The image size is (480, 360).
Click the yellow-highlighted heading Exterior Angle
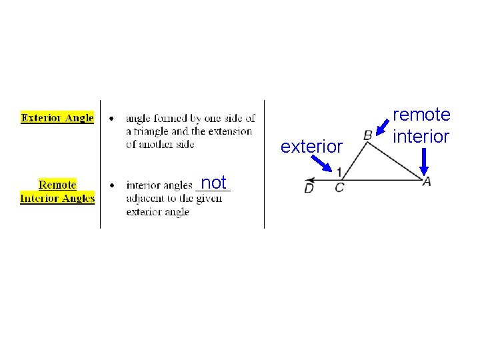(57, 118)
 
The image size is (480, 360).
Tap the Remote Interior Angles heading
(57, 191)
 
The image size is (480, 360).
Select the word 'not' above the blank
(213, 182)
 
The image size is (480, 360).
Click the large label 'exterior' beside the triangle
(311, 147)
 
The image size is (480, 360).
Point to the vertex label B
(367, 135)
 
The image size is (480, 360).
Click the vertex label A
(427, 181)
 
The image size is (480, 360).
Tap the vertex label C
(339, 188)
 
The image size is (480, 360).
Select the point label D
(309, 189)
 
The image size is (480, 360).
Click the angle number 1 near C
(340, 171)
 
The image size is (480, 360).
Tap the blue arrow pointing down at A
(424, 161)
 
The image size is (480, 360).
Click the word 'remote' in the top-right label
(421, 115)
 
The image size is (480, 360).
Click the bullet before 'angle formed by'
(111, 119)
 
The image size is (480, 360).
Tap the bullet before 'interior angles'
(111, 185)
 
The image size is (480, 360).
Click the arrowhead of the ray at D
(307, 179)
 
